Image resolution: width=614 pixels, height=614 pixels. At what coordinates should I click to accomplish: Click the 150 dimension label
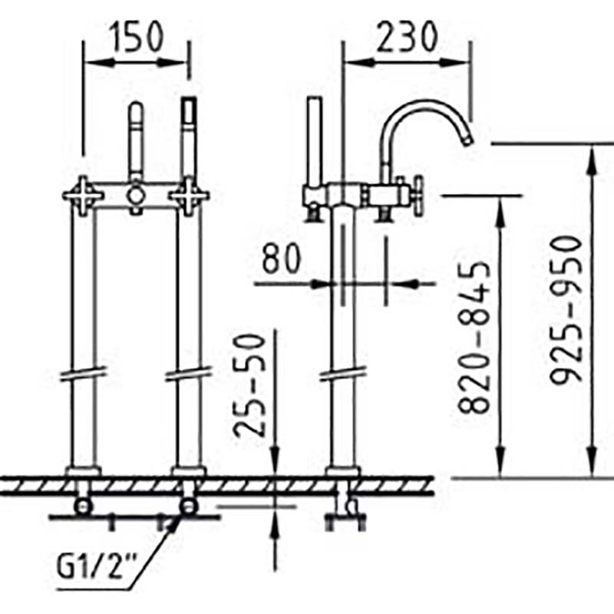coord(137,36)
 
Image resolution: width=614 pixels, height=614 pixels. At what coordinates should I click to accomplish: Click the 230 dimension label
coord(406,36)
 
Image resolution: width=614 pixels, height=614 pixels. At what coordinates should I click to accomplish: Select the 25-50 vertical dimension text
coord(249,385)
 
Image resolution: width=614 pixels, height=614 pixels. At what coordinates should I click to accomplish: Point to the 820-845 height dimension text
coord(474,337)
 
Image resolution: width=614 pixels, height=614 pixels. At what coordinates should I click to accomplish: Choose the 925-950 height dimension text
coord(566,309)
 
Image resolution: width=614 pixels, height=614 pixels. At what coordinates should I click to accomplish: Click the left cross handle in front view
coord(83,196)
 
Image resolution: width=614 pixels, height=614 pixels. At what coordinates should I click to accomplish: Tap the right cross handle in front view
coord(189,196)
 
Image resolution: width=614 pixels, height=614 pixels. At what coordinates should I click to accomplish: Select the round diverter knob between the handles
coord(136,195)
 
